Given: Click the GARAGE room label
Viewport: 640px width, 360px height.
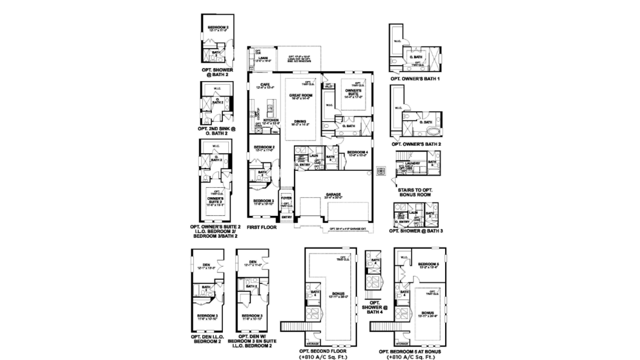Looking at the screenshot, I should [x=333, y=194].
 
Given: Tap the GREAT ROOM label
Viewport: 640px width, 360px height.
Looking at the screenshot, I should [x=301, y=96].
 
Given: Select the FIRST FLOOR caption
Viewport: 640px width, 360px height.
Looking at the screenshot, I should [x=262, y=227].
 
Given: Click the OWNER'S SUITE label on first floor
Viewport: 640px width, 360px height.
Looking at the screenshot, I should [x=353, y=92].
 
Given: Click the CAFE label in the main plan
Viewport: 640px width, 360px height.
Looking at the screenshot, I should [x=265, y=85].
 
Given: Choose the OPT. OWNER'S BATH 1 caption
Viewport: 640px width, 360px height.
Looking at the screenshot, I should [x=415, y=79].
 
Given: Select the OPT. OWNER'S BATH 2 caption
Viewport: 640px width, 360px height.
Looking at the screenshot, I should [x=416, y=144].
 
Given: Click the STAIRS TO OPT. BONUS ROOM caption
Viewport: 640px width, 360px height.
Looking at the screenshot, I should [x=415, y=192].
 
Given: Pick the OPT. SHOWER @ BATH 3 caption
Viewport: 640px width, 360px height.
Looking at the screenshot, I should [x=416, y=231].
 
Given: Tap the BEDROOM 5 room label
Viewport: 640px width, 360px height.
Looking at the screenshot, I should [x=428, y=264].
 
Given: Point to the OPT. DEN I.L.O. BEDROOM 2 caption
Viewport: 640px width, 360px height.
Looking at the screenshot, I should [x=207, y=339].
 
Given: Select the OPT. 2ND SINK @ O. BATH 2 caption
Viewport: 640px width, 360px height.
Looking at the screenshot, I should [x=217, y=131].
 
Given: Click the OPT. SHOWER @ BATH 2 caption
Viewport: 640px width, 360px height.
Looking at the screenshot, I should [x=217, y=72].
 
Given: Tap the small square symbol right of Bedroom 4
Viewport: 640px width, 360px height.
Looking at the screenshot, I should [x=381, y=171].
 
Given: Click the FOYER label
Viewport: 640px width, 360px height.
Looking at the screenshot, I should [x=286, y=198].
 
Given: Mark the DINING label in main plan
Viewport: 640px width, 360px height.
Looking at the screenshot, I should [x=300, y=122].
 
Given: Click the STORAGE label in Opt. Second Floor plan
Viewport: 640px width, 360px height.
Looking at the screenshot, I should [x=313, y=344].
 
